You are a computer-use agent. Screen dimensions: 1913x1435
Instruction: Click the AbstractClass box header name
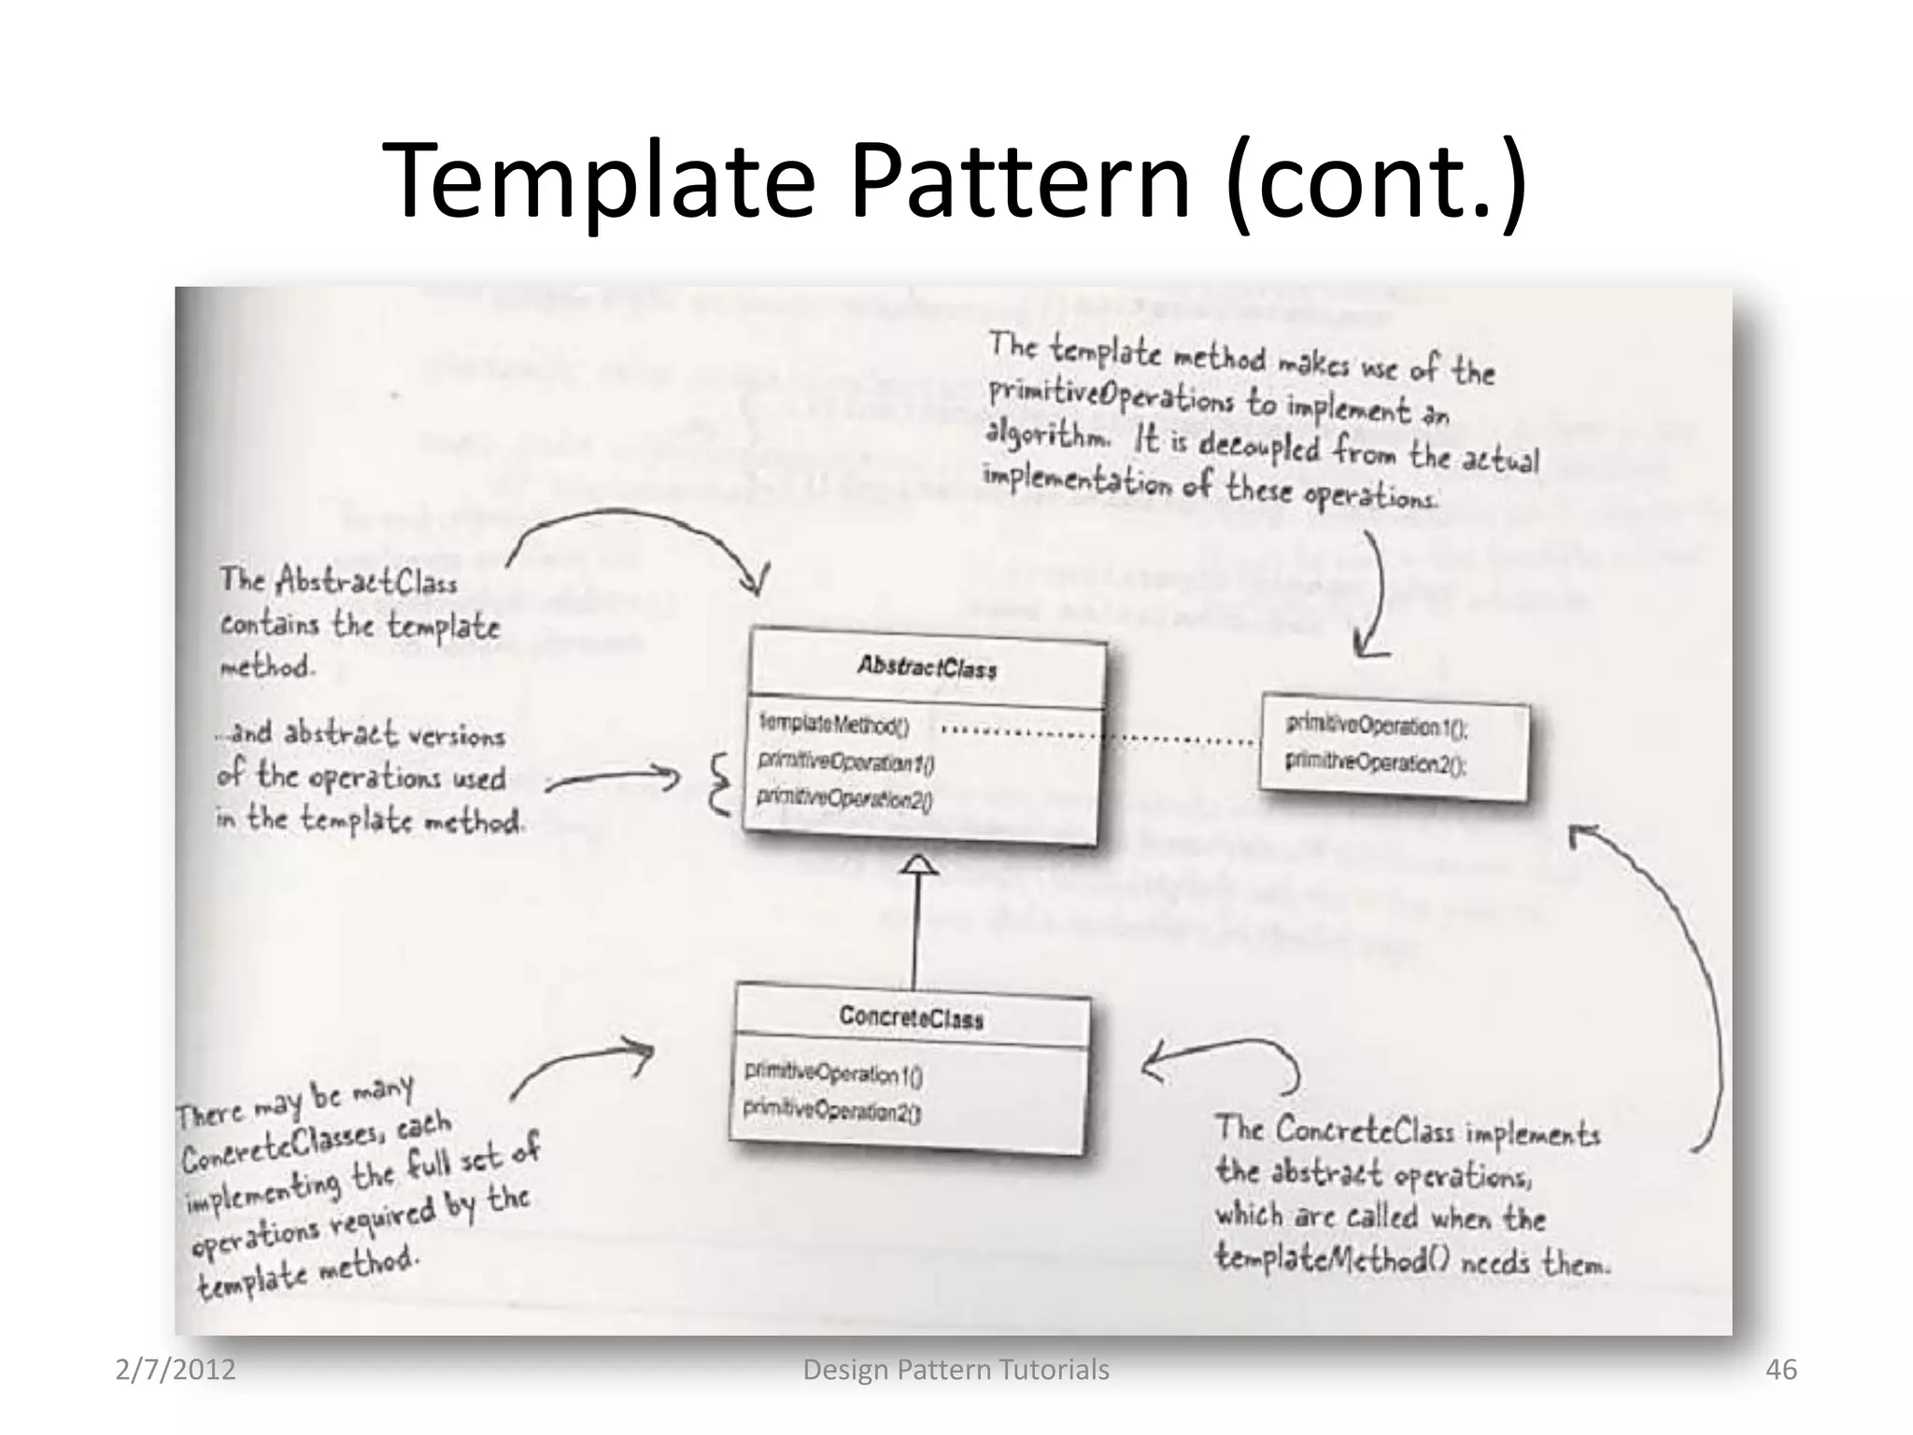click(927, 667)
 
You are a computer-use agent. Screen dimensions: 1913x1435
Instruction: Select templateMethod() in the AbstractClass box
click(833, 724)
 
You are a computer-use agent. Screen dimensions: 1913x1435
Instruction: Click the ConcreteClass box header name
click(911, 1016)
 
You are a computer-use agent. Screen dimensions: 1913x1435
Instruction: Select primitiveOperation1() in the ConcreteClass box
click(833, 1073)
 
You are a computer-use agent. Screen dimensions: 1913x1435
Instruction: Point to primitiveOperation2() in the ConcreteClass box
click(831, 1111)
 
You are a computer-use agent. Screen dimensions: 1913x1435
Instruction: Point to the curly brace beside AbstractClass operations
click(720, 785)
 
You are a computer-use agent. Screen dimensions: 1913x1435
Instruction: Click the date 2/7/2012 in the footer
click(175, 1370)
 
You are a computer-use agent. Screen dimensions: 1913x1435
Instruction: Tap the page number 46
click(1780, 1370)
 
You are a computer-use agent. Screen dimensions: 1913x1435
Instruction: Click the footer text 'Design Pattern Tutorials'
click(956, 1370)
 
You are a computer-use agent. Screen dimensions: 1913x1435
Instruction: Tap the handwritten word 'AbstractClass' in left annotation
click(366, 581)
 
